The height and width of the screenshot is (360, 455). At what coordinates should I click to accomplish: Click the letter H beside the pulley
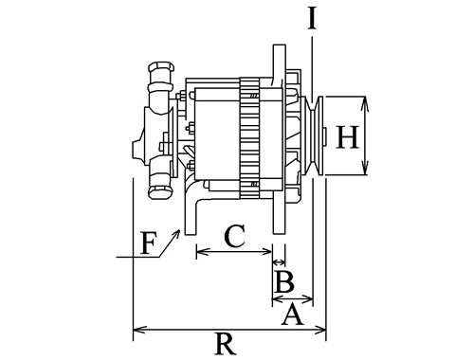coord(347,136)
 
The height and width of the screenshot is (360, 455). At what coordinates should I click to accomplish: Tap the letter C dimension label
coord(234,236)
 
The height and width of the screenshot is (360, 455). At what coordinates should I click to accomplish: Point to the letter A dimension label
coord(292,314)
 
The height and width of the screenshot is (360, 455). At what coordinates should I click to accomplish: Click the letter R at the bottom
coord(225,344)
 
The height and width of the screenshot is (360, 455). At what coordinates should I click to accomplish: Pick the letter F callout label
coord(149,243)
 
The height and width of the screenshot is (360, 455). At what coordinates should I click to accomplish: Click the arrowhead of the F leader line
coord(177,232)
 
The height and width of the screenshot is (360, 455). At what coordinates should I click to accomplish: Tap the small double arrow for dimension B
coord(279,261)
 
